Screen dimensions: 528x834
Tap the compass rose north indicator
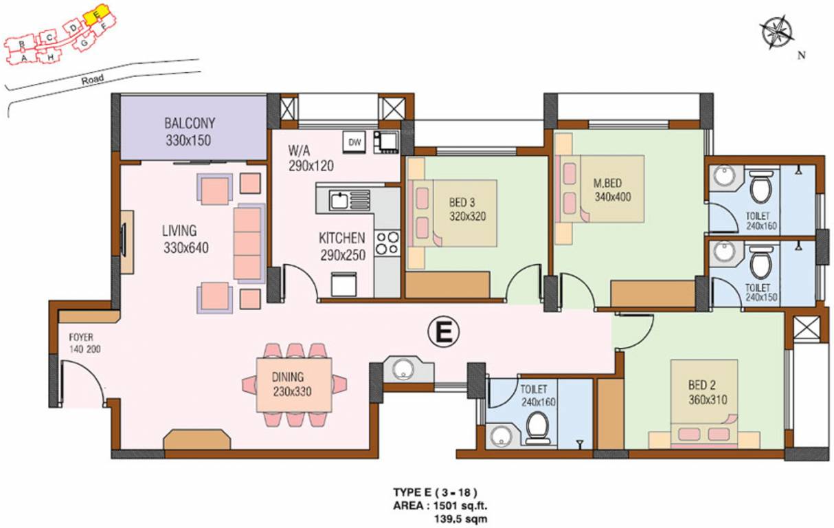(777, 32)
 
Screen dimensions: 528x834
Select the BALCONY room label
(190, 124)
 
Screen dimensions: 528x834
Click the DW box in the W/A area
(354, 142)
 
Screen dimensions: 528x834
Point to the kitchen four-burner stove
(387, 243)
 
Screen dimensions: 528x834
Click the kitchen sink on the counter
(340, 201)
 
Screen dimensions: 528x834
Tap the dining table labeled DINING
(294, 384)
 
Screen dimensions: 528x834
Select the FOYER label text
(80, 338)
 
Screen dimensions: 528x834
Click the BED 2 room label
(706, 386)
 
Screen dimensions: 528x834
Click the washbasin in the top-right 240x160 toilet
(723, 178)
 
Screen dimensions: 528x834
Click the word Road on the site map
(92, 80)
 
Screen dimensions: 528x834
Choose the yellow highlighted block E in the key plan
(98, 14)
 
